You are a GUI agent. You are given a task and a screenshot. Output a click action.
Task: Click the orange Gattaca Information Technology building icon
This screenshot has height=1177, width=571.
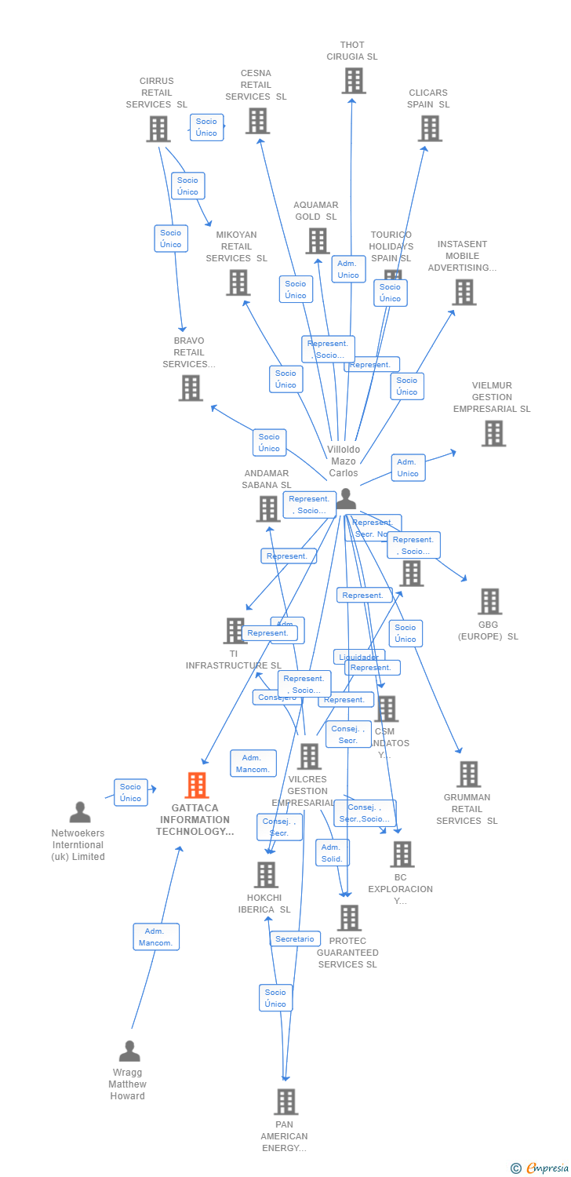click(197, 785)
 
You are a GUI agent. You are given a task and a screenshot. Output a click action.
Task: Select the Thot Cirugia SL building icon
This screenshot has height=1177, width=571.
click(354, 81)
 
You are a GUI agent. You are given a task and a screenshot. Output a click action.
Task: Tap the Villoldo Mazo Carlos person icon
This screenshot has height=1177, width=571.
click(346, 500)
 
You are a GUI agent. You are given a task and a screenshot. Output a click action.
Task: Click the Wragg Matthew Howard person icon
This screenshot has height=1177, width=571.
click(129, 1051)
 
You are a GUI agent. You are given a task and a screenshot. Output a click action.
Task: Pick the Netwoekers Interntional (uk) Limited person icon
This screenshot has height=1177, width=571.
click(80, 812)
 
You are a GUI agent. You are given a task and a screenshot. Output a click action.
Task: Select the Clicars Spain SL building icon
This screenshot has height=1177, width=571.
click(430, 129)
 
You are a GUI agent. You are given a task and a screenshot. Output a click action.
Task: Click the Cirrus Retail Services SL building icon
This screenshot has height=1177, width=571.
click(158, 129)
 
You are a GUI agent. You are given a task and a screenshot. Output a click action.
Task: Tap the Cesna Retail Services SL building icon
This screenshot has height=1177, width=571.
click(258, 121)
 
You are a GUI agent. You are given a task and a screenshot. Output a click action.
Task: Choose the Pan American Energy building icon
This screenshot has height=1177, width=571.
click(286, 1102)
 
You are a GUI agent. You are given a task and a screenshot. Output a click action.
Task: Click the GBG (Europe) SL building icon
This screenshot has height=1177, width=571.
click(490, 602)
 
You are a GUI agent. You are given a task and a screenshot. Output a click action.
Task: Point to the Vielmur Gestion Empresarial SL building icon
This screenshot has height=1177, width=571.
click(493, 433)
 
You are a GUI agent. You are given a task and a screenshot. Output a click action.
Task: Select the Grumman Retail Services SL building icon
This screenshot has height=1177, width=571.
click(468, 774)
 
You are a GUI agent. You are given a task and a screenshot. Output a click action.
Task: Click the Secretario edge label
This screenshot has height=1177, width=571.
click(295, 938)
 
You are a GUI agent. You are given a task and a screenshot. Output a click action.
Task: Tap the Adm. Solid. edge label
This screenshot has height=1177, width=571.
click(332, 853)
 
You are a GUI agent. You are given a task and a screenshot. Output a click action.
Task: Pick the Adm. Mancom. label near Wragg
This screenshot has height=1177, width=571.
click(156, 937)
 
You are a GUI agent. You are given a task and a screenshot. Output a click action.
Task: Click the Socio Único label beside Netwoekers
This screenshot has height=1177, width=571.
click(131, 793)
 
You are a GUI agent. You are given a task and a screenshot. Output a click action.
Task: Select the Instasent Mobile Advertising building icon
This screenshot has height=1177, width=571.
click(464, 292)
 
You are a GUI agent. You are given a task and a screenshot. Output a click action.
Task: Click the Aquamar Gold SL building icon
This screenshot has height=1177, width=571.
click(318, 241)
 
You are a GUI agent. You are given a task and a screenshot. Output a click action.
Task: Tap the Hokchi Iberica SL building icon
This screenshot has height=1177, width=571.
click(267, 875)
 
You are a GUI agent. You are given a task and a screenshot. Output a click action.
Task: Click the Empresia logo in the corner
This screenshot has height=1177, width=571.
click(540, 1168)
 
